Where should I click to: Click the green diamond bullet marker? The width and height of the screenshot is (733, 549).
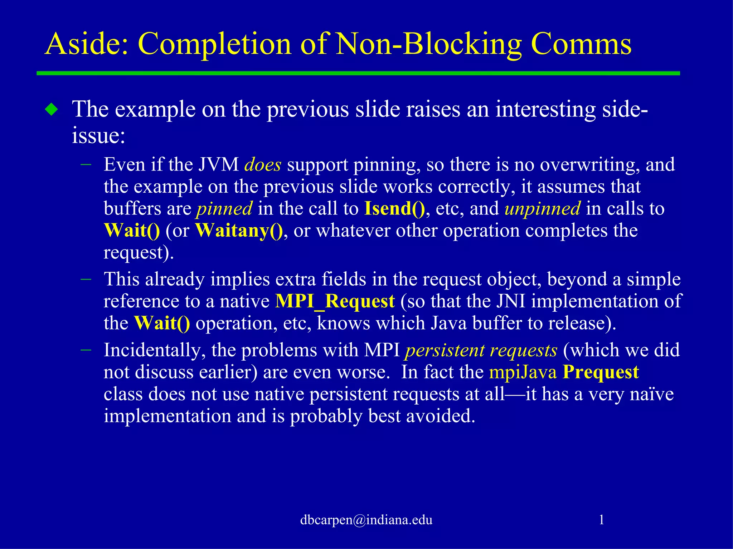coord(52,109)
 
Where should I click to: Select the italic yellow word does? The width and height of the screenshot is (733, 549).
coord(262,165)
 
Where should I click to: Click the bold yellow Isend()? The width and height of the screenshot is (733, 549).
coord(394,209)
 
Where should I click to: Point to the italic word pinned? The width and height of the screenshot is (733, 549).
coord(224,209)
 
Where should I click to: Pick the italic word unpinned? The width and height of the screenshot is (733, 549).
coord(542,209)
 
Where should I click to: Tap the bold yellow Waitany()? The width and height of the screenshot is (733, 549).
coord(239,231)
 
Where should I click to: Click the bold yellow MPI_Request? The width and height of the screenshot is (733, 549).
coord(335,301)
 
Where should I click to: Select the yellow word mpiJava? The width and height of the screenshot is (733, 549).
coord(523,372)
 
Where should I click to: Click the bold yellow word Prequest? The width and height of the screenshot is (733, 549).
coord(601,372)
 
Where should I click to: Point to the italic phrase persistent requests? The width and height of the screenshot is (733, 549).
coord(481,350)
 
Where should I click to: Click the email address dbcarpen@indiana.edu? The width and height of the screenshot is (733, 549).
coord(366,520)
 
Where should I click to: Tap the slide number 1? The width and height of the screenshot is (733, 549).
coord(602,520)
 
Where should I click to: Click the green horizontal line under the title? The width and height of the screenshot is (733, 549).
coord(358,73)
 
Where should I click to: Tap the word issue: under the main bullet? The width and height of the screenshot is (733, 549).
coord(98,136)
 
